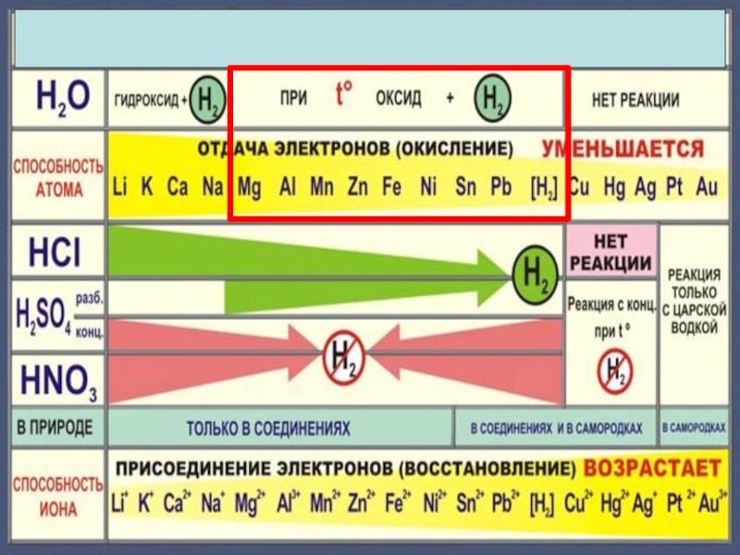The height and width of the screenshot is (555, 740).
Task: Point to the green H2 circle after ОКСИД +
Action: pos(490,99)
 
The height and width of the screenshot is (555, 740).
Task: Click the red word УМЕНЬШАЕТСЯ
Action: pos(623,149)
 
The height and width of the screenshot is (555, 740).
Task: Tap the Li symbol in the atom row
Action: pos(120,188)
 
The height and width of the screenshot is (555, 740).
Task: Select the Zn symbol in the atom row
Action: pos(358,188)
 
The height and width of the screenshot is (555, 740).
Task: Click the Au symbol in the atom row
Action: pos(707,188)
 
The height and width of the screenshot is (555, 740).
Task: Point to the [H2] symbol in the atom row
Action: pos(543,188)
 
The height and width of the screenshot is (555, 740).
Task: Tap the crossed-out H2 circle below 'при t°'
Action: pos(612,370)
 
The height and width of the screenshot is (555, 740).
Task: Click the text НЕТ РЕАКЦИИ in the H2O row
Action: pos(635,99)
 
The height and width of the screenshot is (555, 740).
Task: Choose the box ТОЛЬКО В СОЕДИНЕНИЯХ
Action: pos(269,429)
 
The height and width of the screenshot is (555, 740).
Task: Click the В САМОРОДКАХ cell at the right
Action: pos(694,428)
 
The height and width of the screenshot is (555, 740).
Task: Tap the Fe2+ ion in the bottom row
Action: pos(396,504)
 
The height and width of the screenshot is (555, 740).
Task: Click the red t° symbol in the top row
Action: pos(344,95)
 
